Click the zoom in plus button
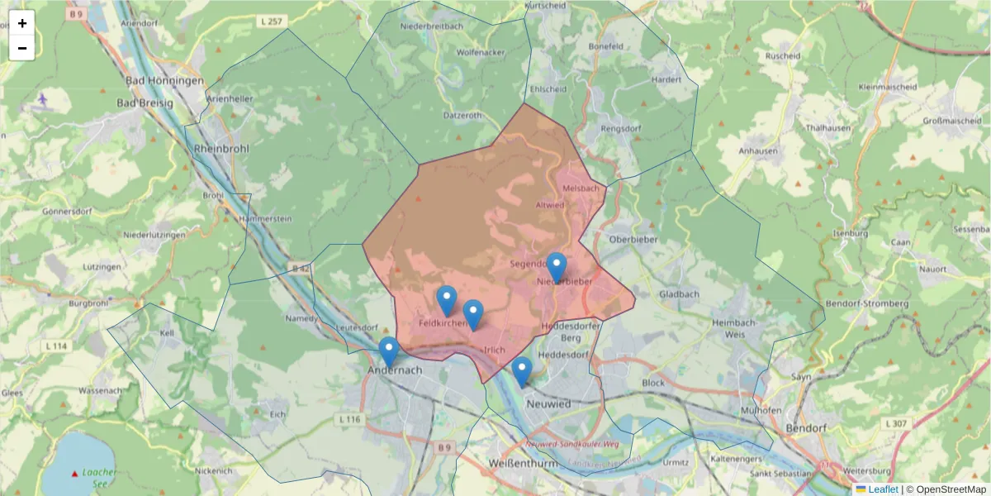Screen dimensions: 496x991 (x=22, y=23)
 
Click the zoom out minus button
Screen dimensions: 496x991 (x=22, y=48)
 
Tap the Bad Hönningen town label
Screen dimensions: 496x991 (x=164, y=81)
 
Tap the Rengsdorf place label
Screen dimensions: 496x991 (x=620, y=129)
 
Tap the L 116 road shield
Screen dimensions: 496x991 (x=350, y=420)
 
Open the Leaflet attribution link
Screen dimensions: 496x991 (x=883, y=489)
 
